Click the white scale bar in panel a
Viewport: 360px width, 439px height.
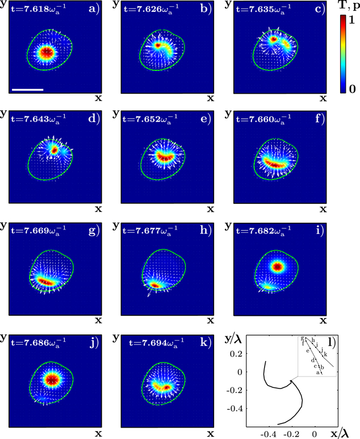click(x=27, y=89)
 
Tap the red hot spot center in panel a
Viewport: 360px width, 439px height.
click(x=47, y=52)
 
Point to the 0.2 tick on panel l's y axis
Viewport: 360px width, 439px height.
click(x=239, y=353)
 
